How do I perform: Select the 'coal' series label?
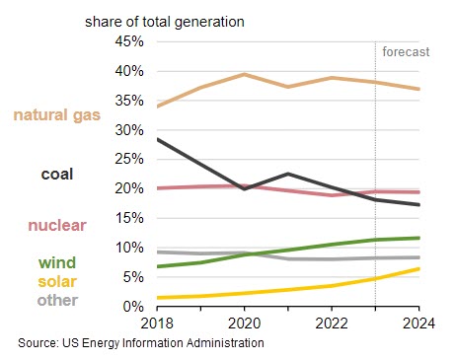coord(57,174)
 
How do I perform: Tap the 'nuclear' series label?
coord(56,225)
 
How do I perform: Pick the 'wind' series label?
coord(53,262)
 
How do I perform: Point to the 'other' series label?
coord(57,299)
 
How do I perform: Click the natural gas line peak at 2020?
coord(244,74)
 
